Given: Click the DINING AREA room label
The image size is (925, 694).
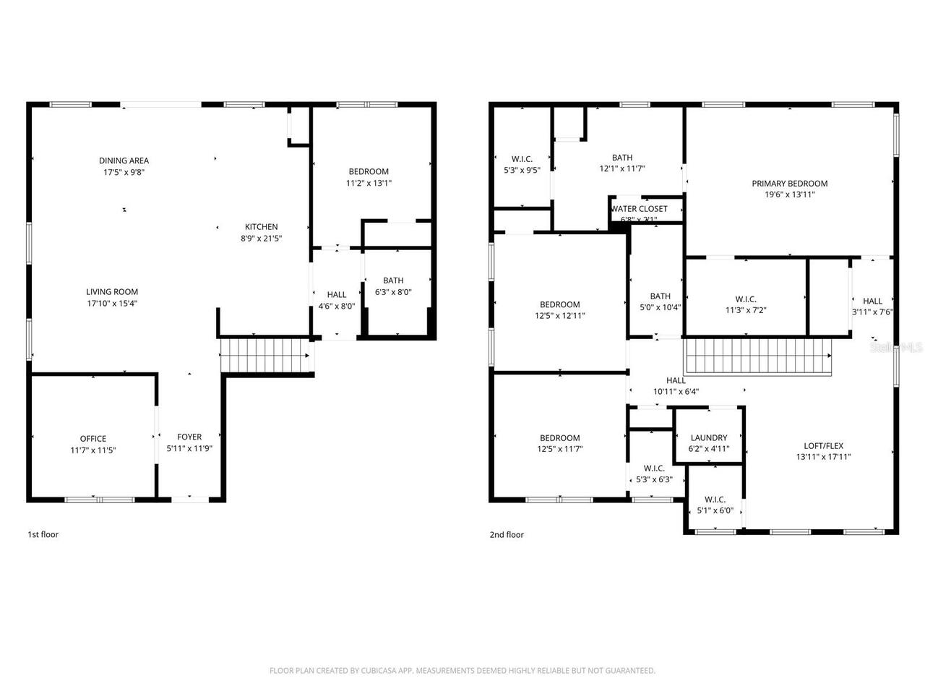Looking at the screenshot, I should [124, 161].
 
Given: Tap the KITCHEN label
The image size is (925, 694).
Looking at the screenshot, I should [261, 227].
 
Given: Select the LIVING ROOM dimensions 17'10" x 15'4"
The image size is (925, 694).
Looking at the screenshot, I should [112, 304].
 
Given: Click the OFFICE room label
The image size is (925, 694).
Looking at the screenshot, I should [93, 439].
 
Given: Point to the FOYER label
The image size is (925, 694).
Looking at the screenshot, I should [189, 437].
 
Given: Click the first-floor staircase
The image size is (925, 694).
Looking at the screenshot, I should [263, 355].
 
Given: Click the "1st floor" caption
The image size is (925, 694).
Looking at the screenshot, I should [43, 534].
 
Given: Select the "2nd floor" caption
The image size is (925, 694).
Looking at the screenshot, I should [507, 535].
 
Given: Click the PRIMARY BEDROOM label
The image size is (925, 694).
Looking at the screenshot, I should [789, 184].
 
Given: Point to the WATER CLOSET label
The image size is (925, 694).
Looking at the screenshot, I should [640, 209].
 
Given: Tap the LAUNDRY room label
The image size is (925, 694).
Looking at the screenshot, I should [708, 438].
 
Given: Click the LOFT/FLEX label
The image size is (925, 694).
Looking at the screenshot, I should [824, 446].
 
